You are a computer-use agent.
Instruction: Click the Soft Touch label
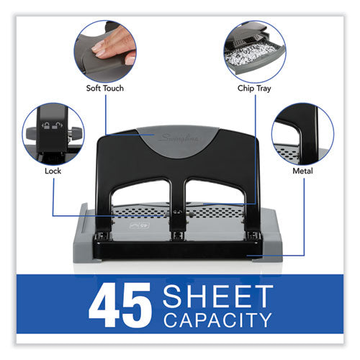104,89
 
